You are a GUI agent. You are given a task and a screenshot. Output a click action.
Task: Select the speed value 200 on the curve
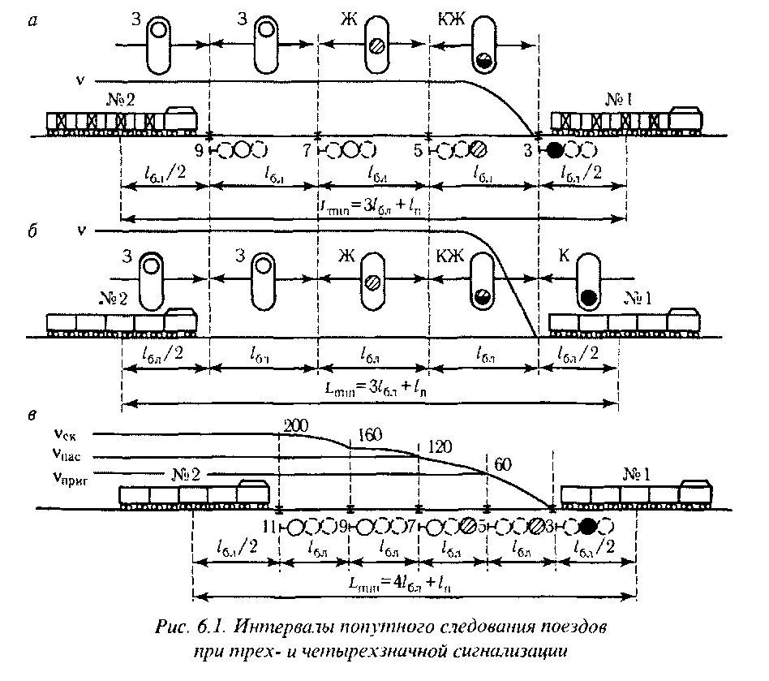[296, 425]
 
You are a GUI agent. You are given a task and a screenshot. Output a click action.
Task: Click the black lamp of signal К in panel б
[590, 297]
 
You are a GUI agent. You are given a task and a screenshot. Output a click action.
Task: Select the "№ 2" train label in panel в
[186, 474]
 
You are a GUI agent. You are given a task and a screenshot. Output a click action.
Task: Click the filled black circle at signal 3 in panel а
[554, 150]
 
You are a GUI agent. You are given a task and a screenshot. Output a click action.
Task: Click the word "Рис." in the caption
[170, 628]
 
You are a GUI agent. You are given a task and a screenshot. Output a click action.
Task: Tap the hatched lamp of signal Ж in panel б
[373, 282]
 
